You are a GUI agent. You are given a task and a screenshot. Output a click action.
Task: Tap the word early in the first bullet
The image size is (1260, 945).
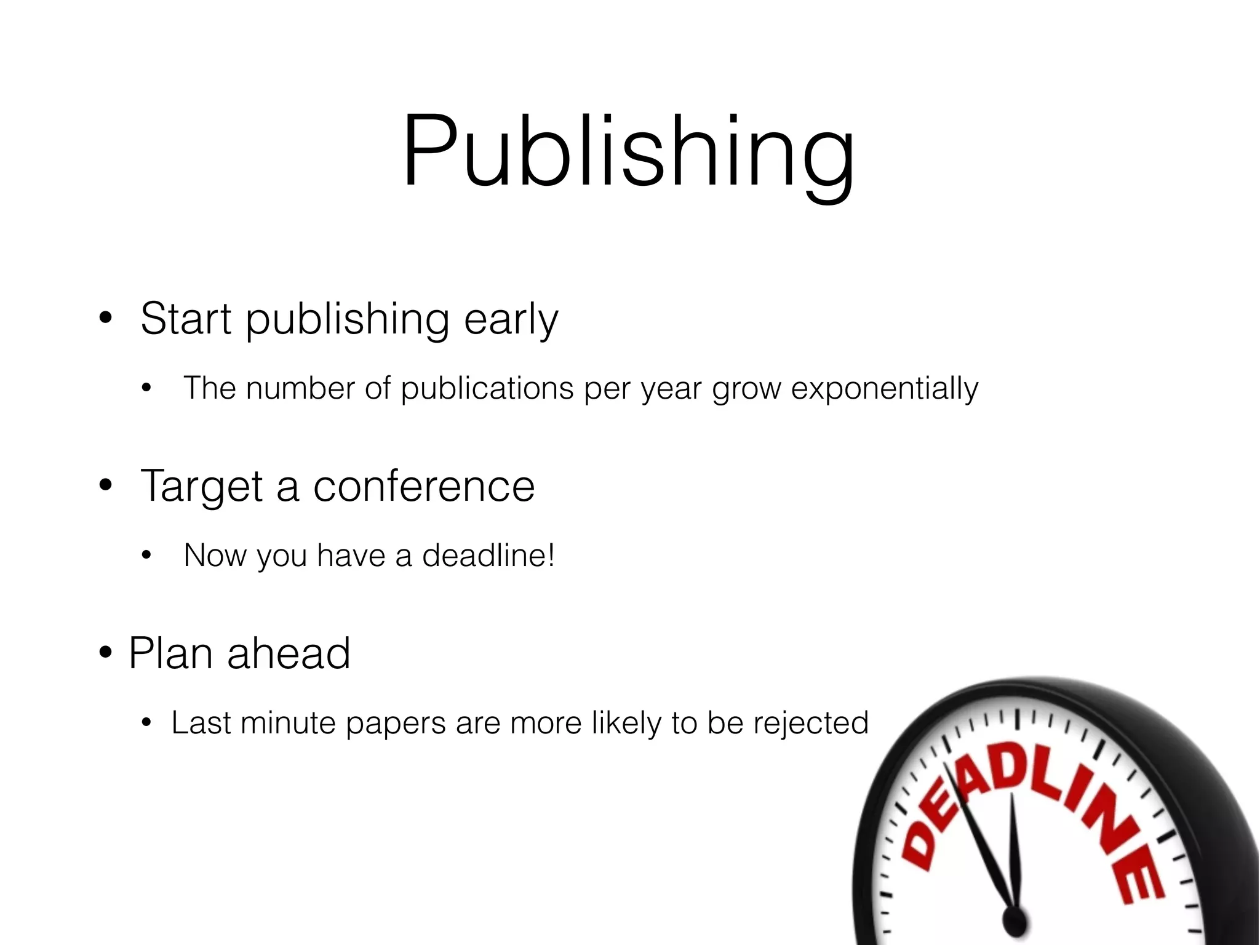click(511, 320)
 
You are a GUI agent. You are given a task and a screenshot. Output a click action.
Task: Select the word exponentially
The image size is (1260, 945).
click(884, 389)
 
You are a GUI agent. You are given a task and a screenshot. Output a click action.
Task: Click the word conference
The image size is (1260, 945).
click(424, 486)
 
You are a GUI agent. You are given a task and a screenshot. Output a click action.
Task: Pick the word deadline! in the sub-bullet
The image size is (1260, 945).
click(488, 556)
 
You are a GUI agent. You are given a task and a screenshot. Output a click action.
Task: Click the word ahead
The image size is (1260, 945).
click(289, 653)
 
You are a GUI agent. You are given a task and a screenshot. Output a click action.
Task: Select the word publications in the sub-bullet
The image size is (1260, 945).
click(487, 389)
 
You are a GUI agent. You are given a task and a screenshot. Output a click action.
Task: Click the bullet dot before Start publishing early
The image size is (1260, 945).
click(106, 319)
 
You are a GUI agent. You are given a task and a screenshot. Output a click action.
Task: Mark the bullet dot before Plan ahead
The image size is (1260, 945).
click(106, 653)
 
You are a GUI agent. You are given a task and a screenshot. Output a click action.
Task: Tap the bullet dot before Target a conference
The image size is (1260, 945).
click(106, 486)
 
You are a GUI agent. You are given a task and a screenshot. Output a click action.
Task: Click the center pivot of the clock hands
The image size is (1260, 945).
click(1013, 921)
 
